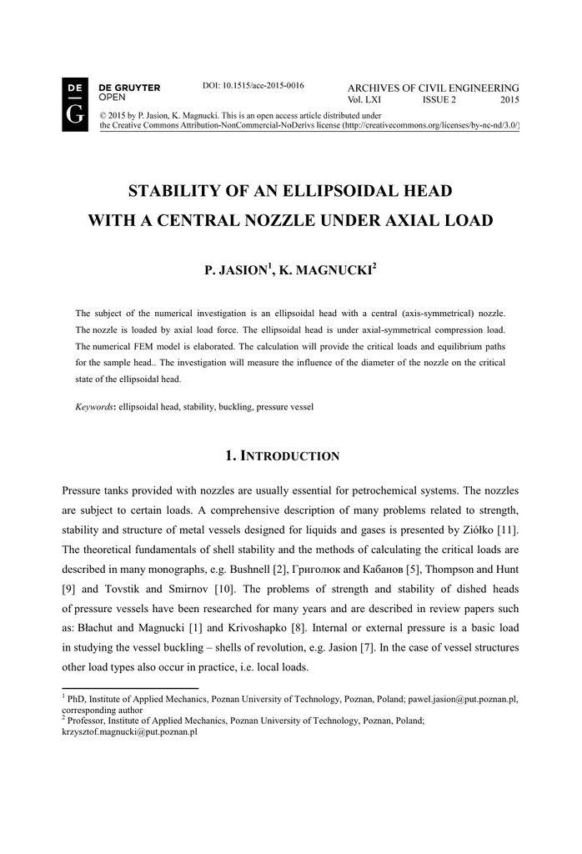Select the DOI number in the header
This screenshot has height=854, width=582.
point(253,85)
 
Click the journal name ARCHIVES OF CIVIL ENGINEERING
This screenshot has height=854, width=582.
point(433,88)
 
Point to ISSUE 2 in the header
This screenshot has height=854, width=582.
point(439,100)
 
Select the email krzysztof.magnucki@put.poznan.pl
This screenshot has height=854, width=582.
point(130,731)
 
